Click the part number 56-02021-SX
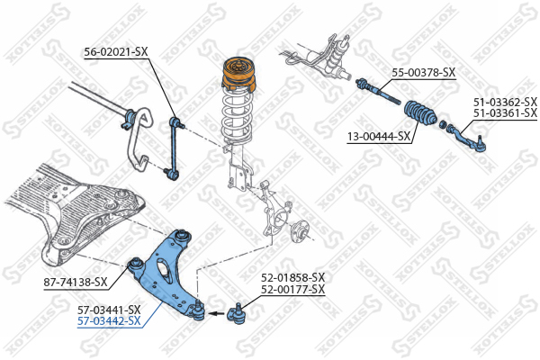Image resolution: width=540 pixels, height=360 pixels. pyautogui.click(x=116, y=52)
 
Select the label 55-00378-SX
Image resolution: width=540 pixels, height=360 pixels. pyautogui.click(x=424, y=73)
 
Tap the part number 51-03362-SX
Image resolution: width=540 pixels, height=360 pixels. pyautogui.click(x=505, y=102)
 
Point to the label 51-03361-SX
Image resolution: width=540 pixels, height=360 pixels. pyautogui.click(x=505, y=112)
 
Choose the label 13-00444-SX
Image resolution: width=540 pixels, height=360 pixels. pyautogui.click(x=379, y=137)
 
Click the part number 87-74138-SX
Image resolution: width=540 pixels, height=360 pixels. pyautogui.click(x=76, y=283)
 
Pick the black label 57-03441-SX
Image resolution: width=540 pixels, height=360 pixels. pyautogui.click(x=109, y=310)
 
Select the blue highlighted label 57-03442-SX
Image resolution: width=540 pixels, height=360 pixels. pyautogui.click(x=109, y=321)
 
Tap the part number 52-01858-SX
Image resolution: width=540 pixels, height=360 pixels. pyautogui.click(x=292, y=277)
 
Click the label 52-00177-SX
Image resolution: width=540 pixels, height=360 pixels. pyautogui.click(x=292, y=289)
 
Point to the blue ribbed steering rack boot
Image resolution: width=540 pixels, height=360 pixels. pyautogui.click(x=419, y=114)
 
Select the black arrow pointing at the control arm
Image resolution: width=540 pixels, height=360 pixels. pyautogui.click(x=217, y=313)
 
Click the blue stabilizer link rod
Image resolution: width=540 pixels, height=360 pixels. pyautogui.click(x=175, y=148)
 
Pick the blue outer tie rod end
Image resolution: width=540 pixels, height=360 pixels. pyautogui.click(x=466, y=139)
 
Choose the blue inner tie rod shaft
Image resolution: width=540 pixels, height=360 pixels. pyautogui.click(x=379, y=91)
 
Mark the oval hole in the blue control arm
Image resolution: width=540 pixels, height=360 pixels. pyautogui.click(x=165, y=270)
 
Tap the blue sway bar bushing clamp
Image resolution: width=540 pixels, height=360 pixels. pyautogui.click(x=130, y=118)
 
